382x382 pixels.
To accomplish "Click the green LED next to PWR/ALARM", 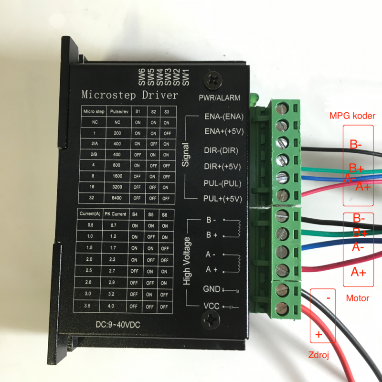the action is click(255, 99).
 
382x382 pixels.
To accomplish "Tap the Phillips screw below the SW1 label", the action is click(213, 80).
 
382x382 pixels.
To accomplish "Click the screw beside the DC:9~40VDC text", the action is click(210, 320).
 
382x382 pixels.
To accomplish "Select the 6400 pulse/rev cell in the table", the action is click(117, 198).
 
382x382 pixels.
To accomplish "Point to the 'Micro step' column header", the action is click(94, 112).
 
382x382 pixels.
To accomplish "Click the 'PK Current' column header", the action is click(116, 214).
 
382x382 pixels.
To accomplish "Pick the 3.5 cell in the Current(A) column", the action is click(87, 305).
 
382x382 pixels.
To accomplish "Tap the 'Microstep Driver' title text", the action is click(129, 95).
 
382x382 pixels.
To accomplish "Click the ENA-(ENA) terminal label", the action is click(224, 117).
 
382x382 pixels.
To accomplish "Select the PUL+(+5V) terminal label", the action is click(223, 199).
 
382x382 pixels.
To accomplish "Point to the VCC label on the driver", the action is click(211, 306).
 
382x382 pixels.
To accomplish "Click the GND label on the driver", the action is click(212, 289).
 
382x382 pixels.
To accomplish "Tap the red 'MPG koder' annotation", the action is click(352, 116).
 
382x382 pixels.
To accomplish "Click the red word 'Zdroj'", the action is click(318, 355).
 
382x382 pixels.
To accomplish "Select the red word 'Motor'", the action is click(358, 298).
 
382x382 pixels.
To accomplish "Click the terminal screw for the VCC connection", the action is click(282, 309).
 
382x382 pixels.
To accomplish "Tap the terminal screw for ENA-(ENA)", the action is click(282, 108).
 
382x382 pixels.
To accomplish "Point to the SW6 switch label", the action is click(142, 77).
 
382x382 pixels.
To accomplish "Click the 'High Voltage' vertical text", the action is click(186, 261).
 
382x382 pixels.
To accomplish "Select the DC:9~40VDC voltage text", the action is click(118, 325).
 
